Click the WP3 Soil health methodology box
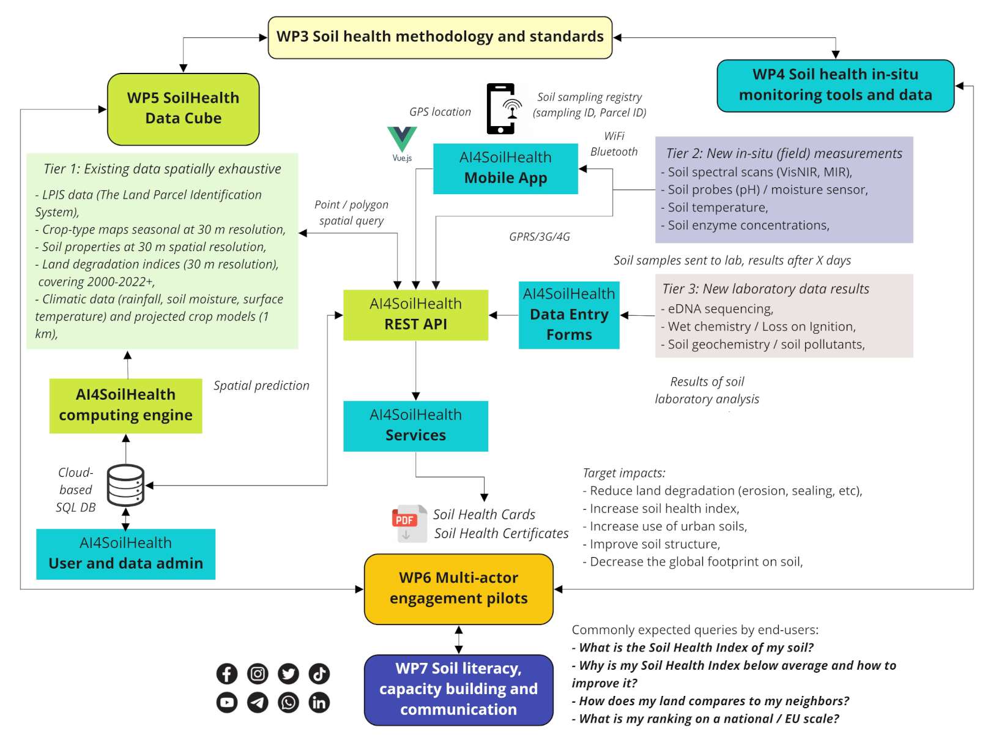(x=440, y=37)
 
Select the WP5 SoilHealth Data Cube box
(x=183, y=109)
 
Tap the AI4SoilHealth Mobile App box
(x=505, y=168)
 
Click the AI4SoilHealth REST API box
(x=415, y=315)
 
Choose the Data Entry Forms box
(x=569, y=315)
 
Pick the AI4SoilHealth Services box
(x=415, y=425)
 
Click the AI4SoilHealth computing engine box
(x=125, y=405)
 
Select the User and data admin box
(x=125, y=553)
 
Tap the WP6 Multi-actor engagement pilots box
(x=458, y=588)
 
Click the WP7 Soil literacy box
(x=458, y=689)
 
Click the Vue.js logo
(x=402, y=140)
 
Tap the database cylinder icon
(x=125, y=485)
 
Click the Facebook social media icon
(x=227, y=673)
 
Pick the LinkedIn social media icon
(x=319, y=702)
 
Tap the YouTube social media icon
(x=227, y=702)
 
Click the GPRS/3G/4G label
(x=539, y=237)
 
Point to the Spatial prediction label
(x=261, y=386)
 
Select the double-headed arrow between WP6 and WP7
(x=459, y=640)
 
